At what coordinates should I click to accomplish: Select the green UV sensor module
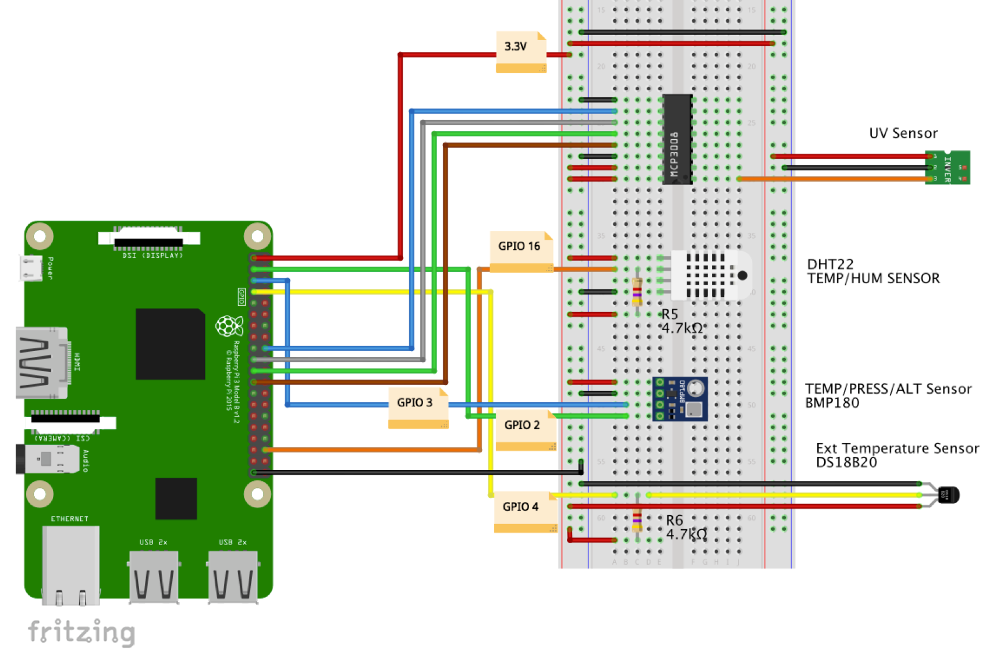(947, 168)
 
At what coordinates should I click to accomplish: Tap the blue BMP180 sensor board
(680, 399)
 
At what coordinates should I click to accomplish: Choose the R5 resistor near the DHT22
(637, 292)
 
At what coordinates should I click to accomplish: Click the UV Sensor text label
(903, 133)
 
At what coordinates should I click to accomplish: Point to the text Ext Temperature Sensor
(897, 448)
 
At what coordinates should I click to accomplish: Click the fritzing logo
(81, 632)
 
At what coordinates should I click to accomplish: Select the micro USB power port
(31, 268)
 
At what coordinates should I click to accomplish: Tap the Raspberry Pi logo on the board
(229, 326)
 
